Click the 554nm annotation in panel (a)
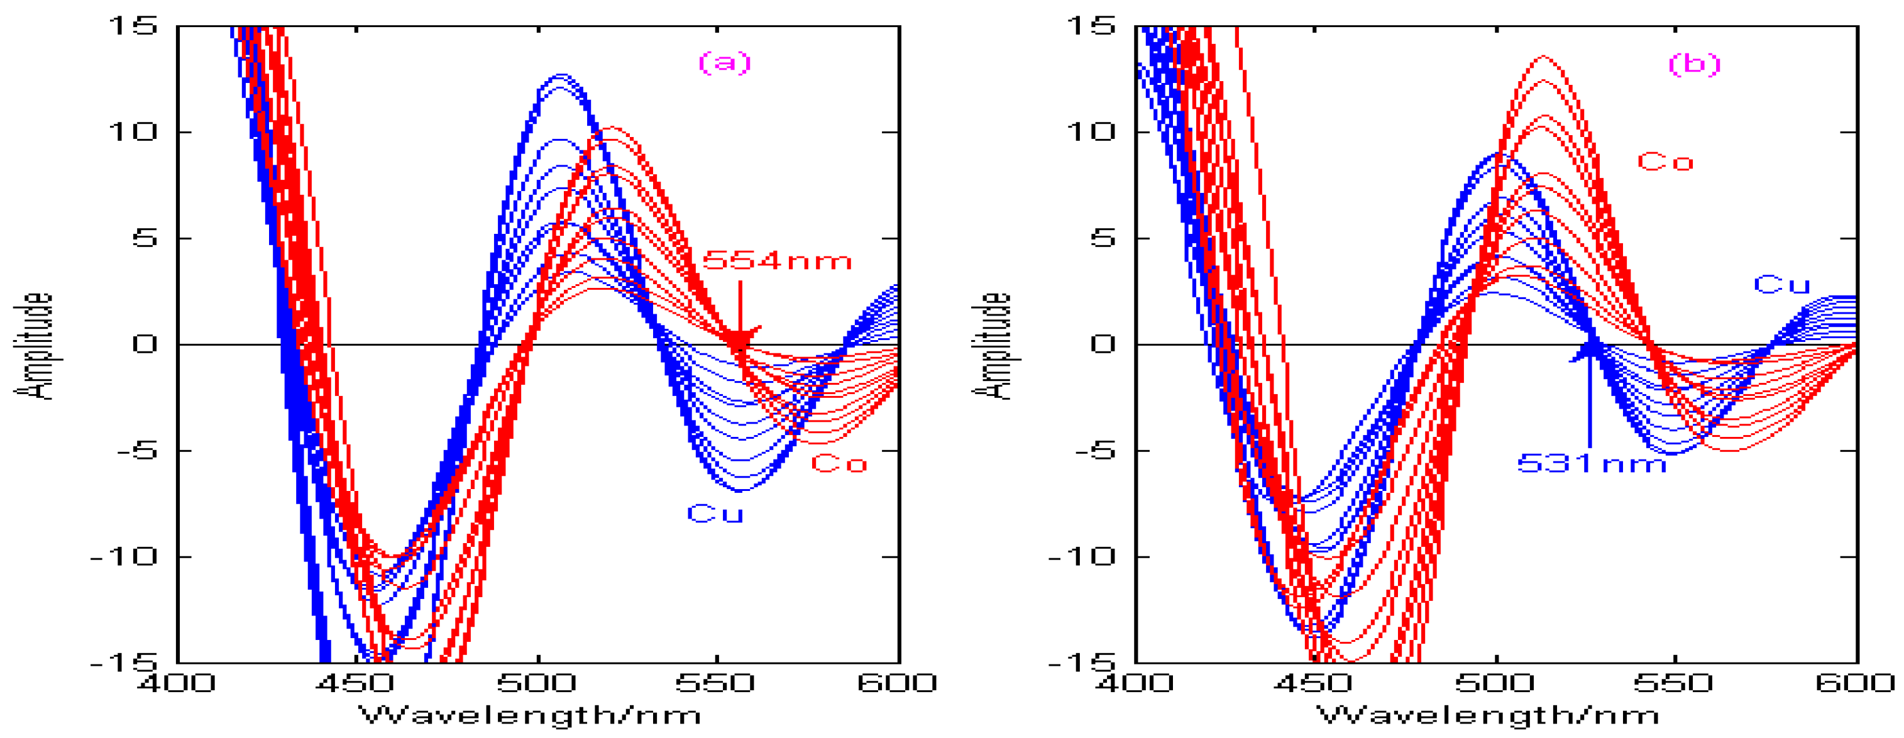776,260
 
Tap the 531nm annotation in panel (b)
1592,464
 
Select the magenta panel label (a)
724,62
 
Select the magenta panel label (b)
1694,63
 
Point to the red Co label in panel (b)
1665,162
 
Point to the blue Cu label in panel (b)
1781,285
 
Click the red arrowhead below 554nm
740,338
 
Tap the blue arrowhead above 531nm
1590,350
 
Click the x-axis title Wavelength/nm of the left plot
529,715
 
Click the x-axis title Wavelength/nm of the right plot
1488,715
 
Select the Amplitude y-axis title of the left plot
34,346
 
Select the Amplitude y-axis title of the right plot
992,346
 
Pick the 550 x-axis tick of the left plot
715,682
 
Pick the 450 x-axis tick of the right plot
1312,682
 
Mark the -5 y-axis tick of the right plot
1091,450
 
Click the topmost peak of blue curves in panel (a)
562,75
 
